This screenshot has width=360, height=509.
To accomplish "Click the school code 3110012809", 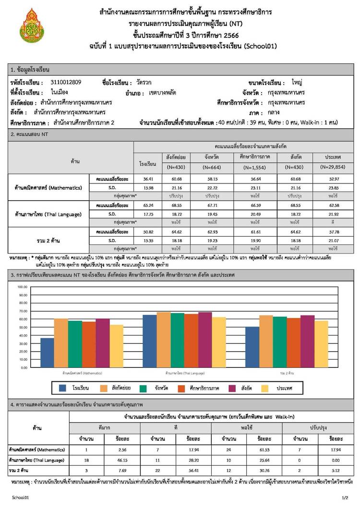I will coord(65,82).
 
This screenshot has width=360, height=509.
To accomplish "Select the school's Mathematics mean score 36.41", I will coord(147,179).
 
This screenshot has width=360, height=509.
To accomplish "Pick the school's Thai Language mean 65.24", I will coord(147,205).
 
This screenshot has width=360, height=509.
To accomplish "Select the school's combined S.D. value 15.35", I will coord(147,240).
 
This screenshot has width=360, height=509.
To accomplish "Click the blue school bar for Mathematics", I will coord(47,352).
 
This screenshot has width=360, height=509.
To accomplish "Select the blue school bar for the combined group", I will coord(252,347).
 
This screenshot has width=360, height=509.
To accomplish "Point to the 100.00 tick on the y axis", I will coord(22,287).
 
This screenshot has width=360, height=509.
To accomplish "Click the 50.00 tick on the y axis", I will coord(22,327).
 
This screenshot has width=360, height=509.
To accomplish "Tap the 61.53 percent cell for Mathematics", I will coord(262,450).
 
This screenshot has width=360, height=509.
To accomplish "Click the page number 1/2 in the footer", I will coord(345,498).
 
